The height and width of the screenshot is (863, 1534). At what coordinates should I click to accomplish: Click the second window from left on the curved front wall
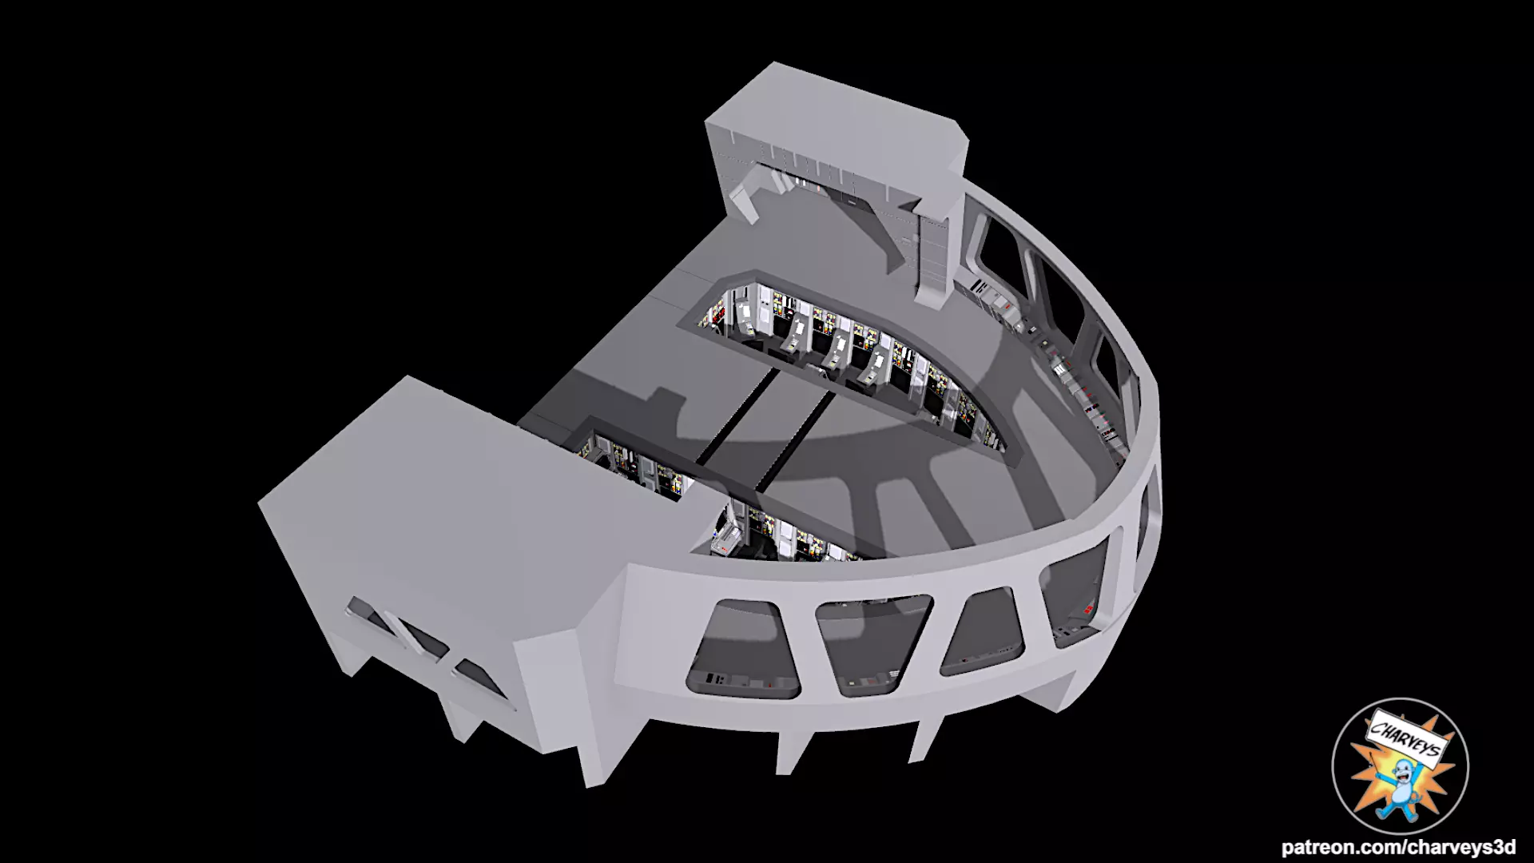tap(875, 643)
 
